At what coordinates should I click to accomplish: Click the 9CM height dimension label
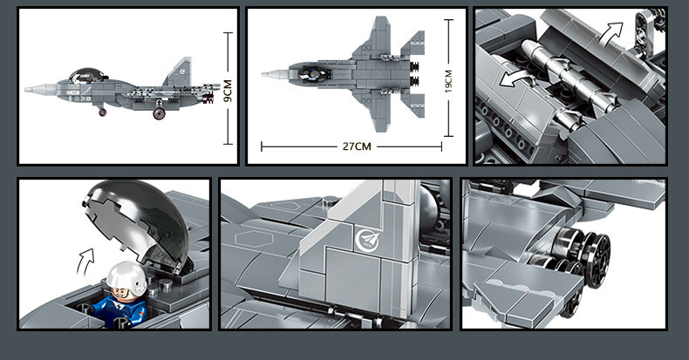(x=228, y=91)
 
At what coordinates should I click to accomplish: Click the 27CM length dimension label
(x=357, y=146)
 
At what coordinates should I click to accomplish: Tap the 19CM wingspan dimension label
(x=448, y=81)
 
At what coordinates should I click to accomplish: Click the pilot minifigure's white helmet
(x=126, y=279)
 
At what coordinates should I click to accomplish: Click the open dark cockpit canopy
(x=139, y=222)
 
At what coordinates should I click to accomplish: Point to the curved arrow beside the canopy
(x=85, y=262)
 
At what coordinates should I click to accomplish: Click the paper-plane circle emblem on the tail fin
(x=366, y=240)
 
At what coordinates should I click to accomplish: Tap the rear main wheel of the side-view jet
(x=159, y=113)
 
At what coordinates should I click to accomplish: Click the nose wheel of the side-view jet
(x=102, y=112)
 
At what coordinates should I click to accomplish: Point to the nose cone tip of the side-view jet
(x=26, y=90)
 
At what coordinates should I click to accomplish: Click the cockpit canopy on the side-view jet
(x=87, y=75)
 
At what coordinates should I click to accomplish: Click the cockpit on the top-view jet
(x=316, y=73)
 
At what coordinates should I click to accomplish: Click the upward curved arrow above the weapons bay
(x=611, y=33)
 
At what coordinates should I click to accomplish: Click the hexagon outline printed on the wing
(x=254, y=238)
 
